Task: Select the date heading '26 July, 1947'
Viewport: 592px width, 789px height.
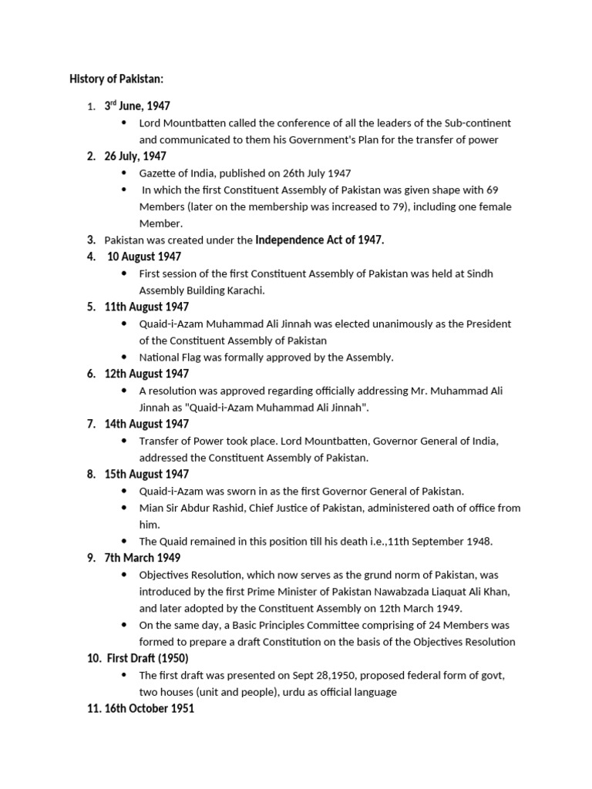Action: pos(136,156)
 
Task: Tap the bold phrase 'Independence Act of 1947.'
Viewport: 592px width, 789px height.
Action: pos(320,240)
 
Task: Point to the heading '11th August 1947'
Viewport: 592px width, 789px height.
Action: pos(146,307)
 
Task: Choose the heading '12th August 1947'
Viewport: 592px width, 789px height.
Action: pos(146,374)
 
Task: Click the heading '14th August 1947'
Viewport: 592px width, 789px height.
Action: pos(146,424)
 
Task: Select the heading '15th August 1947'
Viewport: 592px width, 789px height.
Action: pos(146,474)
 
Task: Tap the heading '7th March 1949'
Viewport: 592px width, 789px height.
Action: pos(143,558)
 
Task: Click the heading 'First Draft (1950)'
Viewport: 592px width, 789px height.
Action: pos(146,658)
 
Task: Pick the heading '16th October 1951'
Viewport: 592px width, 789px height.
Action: pos(150,708)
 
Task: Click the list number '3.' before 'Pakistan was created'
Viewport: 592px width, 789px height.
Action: pos(91,240)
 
